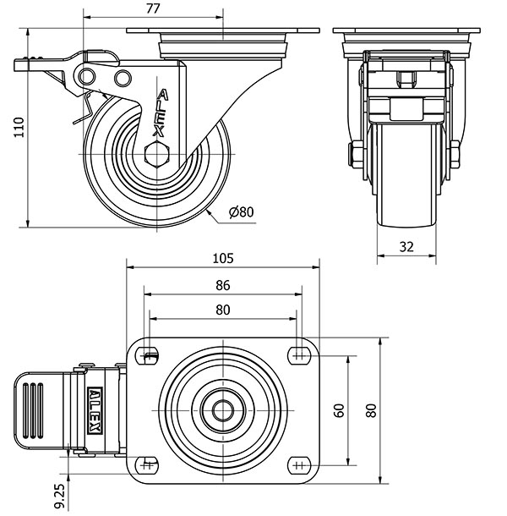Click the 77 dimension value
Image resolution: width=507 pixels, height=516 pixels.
tap(153, 9)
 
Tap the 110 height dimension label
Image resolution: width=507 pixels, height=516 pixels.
tap(19, 127)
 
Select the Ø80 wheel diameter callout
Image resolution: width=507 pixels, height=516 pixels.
tap(242, 212)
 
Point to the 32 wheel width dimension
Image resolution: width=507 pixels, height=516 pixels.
tap(406, 246)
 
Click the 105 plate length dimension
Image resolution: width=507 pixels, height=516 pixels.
tap(223, 258)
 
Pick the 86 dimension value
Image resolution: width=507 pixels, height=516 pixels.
tap(223, 285)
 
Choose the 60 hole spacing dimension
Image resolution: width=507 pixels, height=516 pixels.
tap(339, 410)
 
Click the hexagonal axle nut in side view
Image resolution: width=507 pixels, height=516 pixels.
tap(157, 154)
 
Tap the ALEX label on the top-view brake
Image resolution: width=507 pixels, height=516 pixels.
tap(95, 410)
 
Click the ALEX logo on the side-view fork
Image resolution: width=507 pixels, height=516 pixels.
tap(161, 113)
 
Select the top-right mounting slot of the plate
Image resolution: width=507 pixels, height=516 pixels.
tap(299, 355)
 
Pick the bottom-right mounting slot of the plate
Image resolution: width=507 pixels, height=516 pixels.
tap(299, 465)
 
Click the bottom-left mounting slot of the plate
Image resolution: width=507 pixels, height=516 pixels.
tap(147, 465)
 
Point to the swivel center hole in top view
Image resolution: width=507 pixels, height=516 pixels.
tap(223, 410)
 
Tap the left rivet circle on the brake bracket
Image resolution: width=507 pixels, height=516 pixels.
tap(87, 77)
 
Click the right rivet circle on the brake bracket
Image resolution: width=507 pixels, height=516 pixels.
tap(123, 79)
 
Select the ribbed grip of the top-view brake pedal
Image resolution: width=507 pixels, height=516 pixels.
tap(32, 410)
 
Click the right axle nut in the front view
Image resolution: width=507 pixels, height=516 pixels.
tap(455, 154)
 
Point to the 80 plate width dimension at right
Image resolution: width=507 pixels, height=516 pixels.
tap(371, 410)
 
